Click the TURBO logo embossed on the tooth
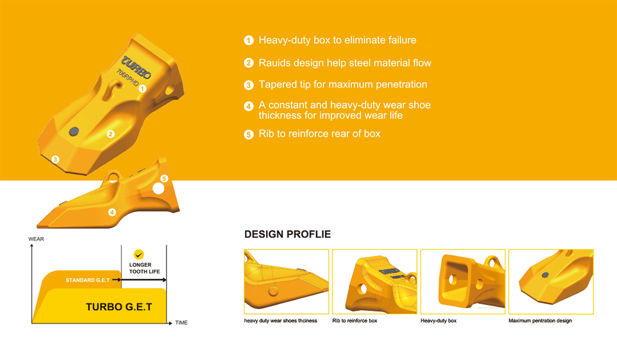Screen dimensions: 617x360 [136, 68]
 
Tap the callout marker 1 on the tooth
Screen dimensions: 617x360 [143, 89]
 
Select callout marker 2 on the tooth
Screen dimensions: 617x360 [111, 134]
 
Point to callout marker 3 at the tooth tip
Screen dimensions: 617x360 [55, 160]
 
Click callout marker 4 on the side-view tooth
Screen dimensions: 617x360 [112, 212]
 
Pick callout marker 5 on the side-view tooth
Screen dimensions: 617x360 [164, 178]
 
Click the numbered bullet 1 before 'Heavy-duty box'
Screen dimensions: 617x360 [249, 40]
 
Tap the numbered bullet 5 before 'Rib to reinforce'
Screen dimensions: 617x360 [249, 135]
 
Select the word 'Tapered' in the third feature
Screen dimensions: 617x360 [276, 84]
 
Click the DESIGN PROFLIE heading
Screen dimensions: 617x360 [288, 234]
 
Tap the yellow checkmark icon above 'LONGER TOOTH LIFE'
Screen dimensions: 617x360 [139, 255]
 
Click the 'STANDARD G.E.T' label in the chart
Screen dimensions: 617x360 [88, 280]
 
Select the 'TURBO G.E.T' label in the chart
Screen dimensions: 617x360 [119, 307]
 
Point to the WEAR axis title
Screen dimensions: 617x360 [36, 239]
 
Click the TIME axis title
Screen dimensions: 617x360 [181, 323]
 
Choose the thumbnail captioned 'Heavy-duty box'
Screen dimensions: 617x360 [463, 281]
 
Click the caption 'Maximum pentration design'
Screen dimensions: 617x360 [540, 320]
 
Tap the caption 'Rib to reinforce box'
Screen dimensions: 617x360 [354, 320]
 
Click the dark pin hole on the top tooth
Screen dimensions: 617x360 [74, 132]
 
